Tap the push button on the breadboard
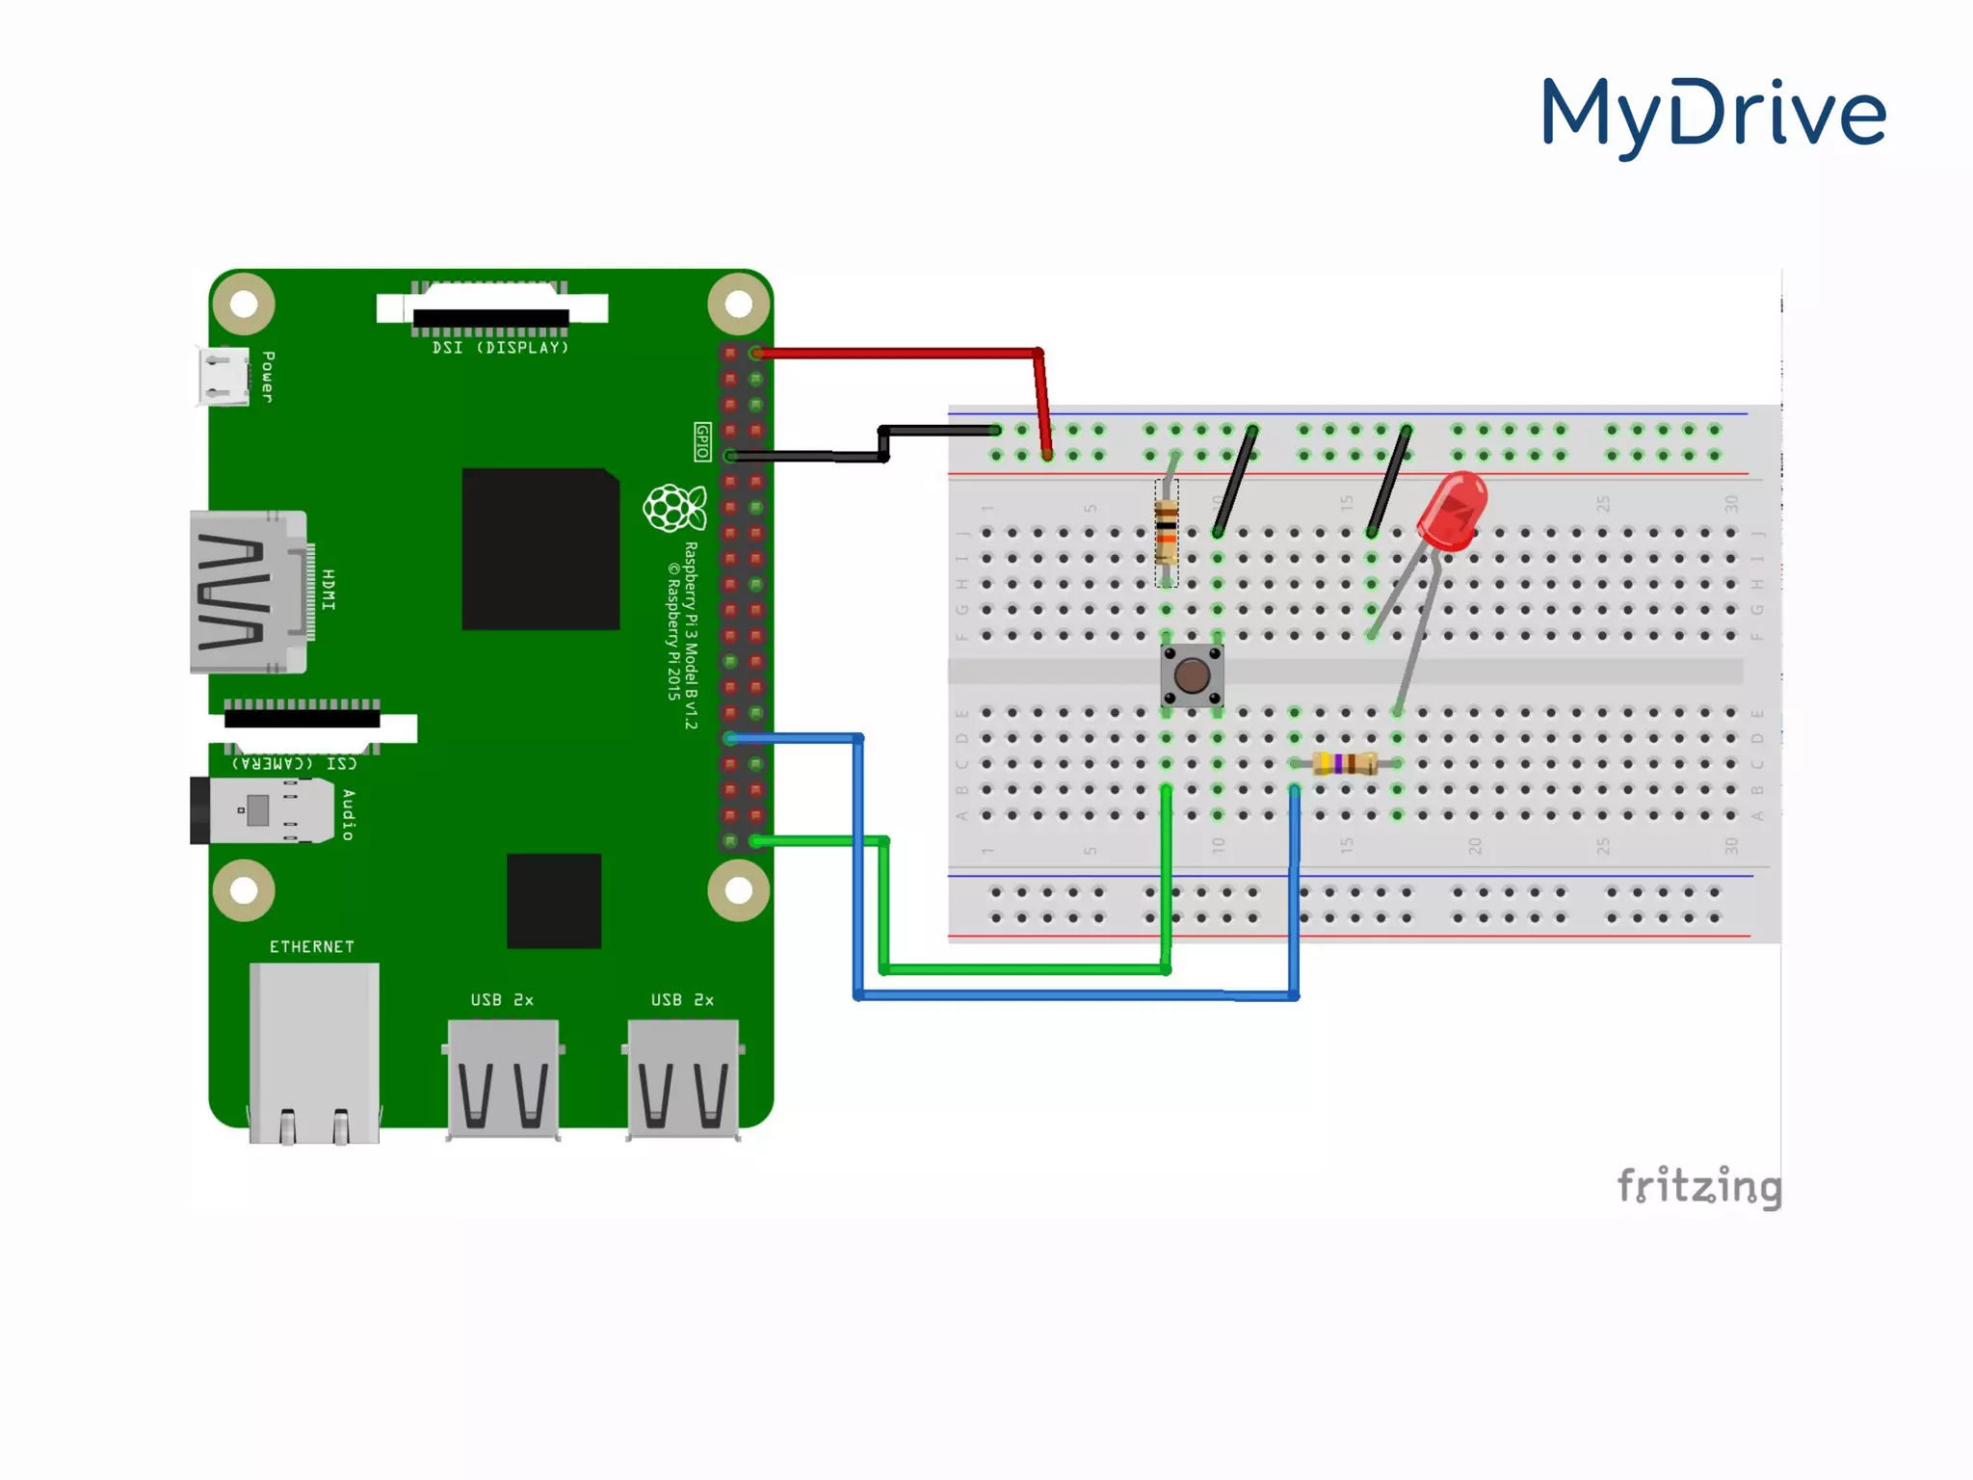[x=1192, y=675]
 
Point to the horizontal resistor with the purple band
[x=1346, y=764]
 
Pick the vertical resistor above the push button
[x=1166, y=532]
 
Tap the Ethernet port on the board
[x=314, y=1050]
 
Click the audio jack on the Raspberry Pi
[x=260, y=809]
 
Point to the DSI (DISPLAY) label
[x=500, y=348]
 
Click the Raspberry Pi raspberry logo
[x=673, y=508]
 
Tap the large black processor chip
[x=540, y=548]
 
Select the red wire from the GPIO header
[x=896, y=354]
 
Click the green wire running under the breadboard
[x=1021, y=969]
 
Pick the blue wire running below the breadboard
[x=1069, y=994]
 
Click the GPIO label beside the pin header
[x=702, y=441]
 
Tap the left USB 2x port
[x=503, y=1077]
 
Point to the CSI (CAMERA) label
[x=295, y=763]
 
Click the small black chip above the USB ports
[x=554, y=900]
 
